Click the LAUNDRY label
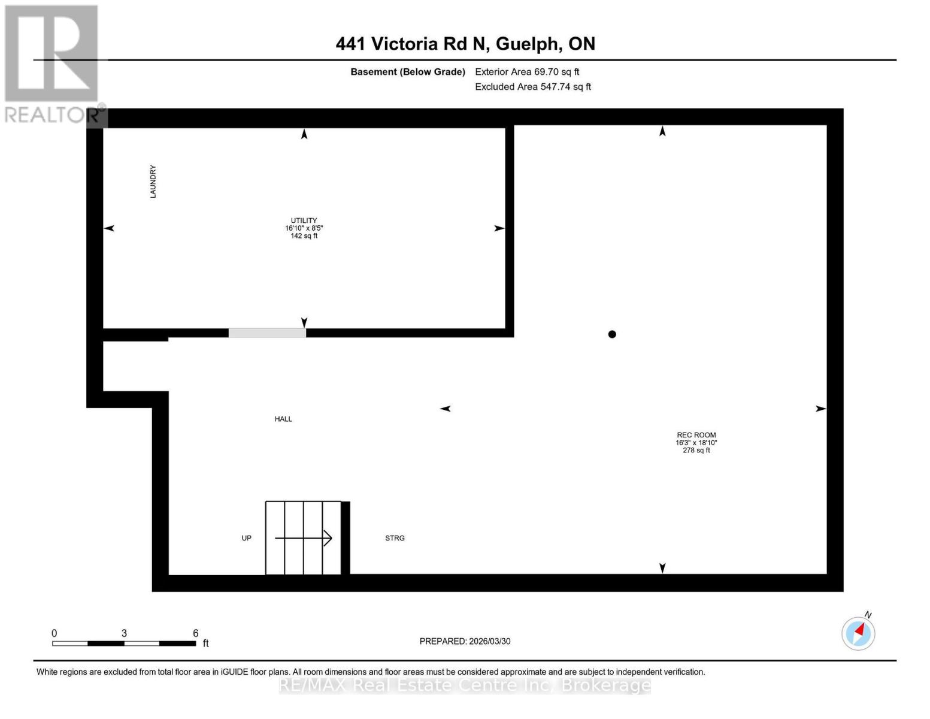153,182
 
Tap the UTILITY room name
304,220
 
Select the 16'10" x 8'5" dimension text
304,228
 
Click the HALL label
283,419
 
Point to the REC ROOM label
696,435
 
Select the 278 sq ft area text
696,451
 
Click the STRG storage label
395,538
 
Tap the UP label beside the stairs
246,538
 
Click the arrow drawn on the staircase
304,538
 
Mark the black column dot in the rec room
612,334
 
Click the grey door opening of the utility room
267,333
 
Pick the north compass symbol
858,633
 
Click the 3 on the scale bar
124,633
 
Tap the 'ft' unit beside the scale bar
205,644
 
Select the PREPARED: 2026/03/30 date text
465,641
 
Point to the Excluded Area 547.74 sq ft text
532,87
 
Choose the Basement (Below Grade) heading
407,72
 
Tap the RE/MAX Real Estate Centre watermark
465,685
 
